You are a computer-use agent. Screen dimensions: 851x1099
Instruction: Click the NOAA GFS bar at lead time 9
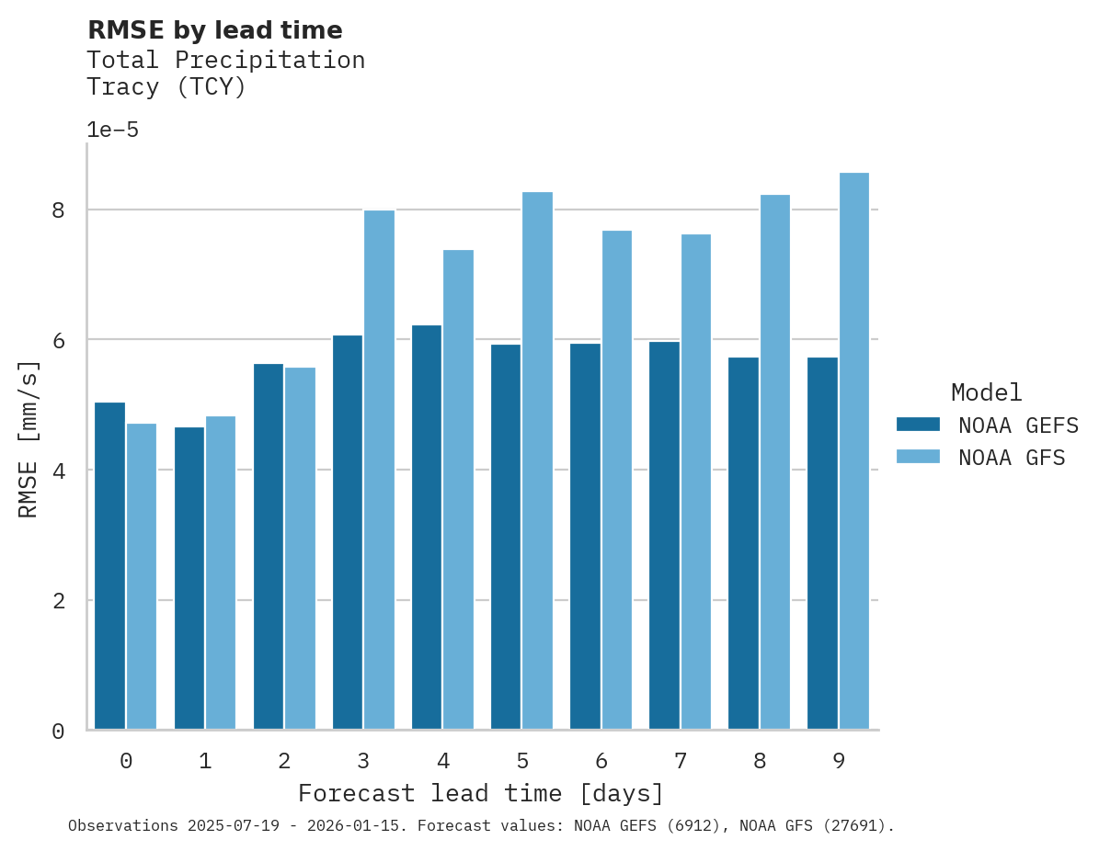point(853,450)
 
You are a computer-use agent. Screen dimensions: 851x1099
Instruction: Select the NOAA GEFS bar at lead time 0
point(109,565)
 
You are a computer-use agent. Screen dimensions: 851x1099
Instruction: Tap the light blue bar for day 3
point(379,470)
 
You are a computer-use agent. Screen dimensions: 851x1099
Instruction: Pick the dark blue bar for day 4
point(427,527)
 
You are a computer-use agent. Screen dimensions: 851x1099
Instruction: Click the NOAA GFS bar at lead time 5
point(537,460)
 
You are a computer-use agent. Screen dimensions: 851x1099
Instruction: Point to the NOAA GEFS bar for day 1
point(189,578)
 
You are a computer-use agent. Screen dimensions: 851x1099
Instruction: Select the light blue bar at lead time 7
point(695,482)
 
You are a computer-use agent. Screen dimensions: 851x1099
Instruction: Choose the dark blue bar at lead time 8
point(743,543)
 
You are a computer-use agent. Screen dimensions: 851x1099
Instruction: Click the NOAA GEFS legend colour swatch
point(917,425)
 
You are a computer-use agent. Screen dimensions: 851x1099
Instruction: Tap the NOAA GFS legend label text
point(1011,458)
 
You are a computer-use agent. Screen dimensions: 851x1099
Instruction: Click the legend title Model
point(986,393)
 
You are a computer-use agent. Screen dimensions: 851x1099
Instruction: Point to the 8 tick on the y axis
point(59,210)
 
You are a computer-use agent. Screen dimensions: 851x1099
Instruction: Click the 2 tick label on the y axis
point(59,601)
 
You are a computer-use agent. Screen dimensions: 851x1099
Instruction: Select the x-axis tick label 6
point(601,761)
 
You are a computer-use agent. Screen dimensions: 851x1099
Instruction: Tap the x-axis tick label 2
point(284,761)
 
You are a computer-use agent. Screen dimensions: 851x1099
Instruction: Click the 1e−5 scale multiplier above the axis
point(112,130)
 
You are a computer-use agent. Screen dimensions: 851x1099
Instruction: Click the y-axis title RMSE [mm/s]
point(29,438)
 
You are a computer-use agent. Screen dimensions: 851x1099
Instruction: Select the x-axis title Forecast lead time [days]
point(480,793)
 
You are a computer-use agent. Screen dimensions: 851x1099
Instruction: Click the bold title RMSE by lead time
point(214,30)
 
